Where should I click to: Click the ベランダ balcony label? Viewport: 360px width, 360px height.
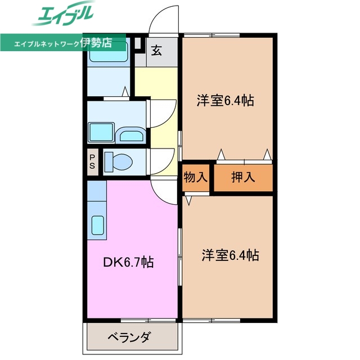click(129, 338)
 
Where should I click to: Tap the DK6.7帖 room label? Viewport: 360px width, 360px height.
click(129, 262)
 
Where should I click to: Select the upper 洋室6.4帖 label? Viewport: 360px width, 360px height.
click(224, 101)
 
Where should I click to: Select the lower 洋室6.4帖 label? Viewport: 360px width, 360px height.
click(230, 255)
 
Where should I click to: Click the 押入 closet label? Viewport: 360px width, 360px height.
click(244, 177)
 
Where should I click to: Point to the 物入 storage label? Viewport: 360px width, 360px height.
click(195, 177)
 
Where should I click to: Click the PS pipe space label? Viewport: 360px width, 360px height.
click(92, 161)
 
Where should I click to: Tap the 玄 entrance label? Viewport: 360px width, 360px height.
click(156, 51)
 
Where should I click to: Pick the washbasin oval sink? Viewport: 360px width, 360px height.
click(132, 135)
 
